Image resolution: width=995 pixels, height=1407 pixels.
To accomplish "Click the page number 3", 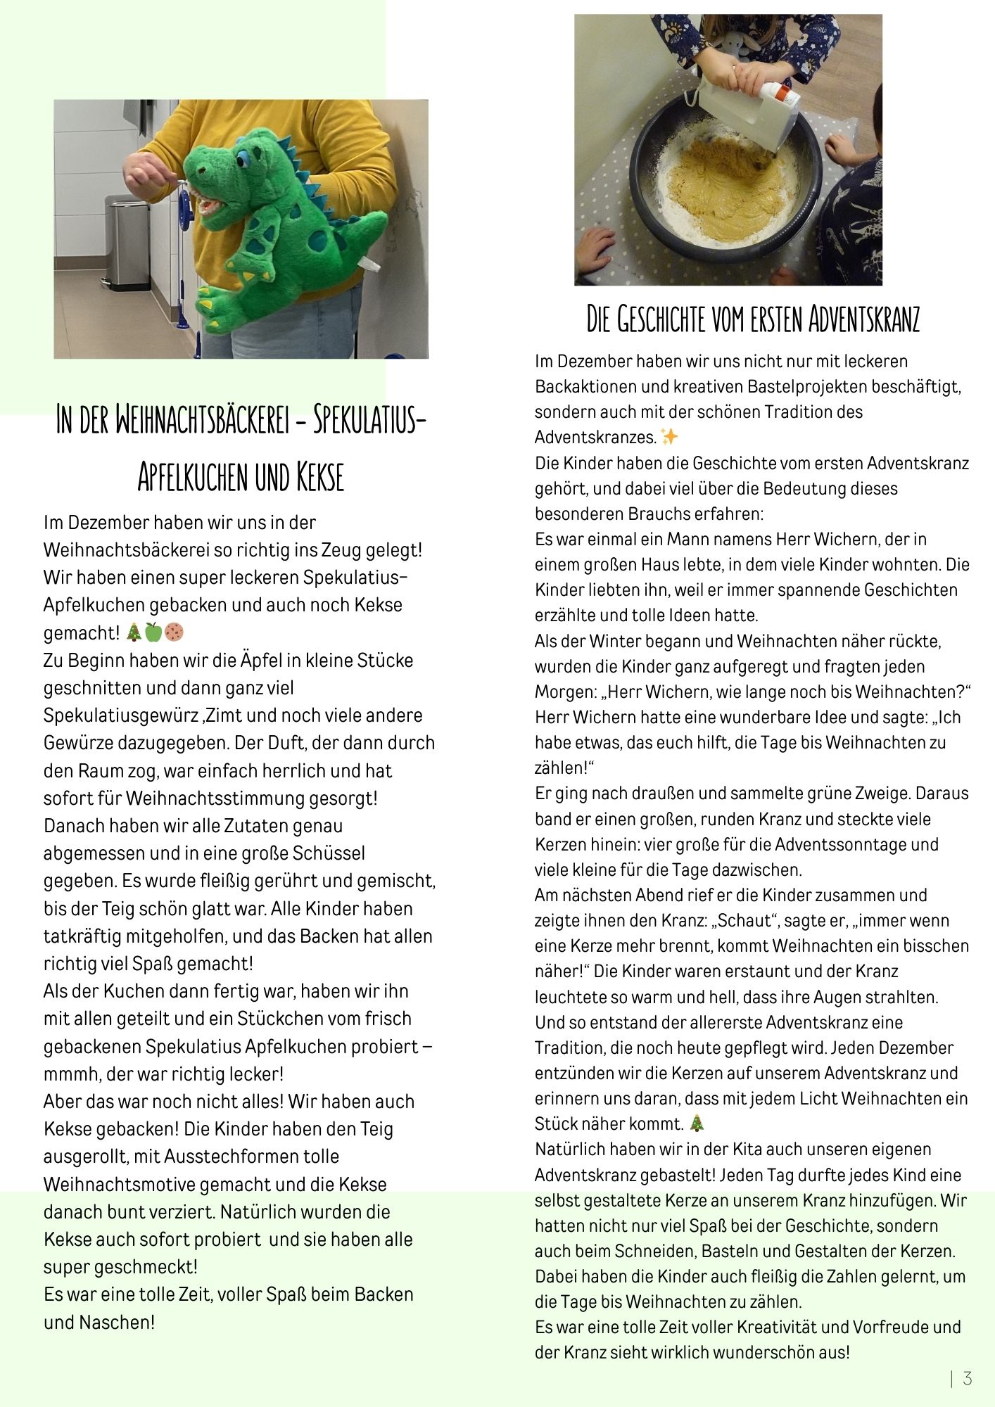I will point(968,1378).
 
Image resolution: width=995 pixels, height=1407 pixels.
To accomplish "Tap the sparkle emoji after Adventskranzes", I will point(669,437).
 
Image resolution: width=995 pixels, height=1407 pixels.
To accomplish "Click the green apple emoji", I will point(153,632).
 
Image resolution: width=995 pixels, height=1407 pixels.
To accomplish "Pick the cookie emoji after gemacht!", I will point(174,632).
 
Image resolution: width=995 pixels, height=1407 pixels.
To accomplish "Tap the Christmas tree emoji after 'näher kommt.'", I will point(696,1123).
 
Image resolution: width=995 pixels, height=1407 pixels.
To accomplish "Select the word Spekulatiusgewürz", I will point(122,715).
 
